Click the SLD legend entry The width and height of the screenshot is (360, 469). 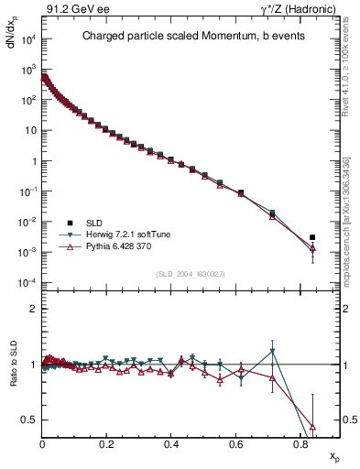coord(92,223)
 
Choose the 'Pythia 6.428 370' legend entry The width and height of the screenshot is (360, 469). coord(107,246)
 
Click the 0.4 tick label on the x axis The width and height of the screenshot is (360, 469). coord(171,442)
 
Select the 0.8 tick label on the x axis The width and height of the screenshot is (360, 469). coord(300,442)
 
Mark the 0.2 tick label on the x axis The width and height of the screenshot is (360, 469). coord(107,442)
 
